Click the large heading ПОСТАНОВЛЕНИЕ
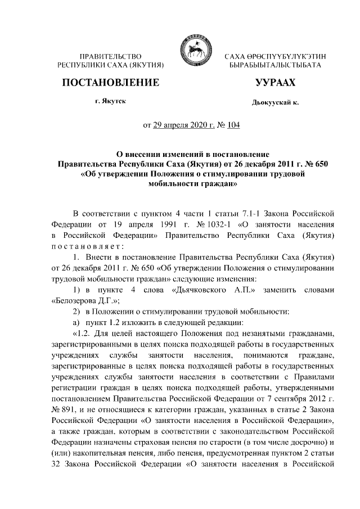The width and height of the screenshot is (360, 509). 110,83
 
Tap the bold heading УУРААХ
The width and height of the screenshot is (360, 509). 275,83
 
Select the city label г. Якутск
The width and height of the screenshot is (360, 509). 110,101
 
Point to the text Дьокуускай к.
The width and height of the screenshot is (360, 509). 275,103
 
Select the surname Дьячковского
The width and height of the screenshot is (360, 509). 201,289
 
